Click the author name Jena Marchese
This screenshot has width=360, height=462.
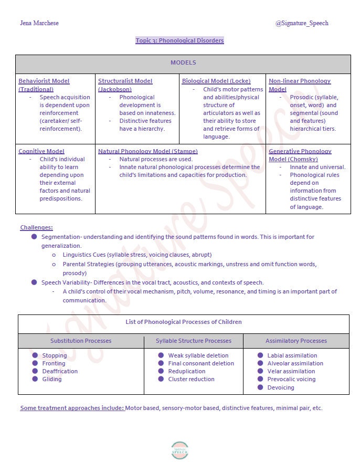tap(39, 23)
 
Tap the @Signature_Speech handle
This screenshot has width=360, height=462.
tap(301, 23)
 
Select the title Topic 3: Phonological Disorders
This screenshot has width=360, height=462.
tap(179, 40)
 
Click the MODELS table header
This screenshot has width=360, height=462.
tap(183, 63)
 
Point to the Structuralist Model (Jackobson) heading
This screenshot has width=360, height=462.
tap(125, 85)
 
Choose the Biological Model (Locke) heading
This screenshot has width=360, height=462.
tap(216, 81)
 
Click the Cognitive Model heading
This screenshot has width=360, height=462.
tap(41, 151)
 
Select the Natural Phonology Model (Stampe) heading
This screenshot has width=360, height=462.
tap(147, 151)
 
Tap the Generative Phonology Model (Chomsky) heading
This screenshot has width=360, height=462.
tap(300, 155)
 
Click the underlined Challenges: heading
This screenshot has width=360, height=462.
tap(36, 227)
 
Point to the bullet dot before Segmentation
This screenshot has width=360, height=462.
tap(34, 237)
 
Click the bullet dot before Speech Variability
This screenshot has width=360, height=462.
tap(34, 282)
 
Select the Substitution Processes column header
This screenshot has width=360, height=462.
tap(81, 341)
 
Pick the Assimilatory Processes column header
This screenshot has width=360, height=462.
tap(296, 341)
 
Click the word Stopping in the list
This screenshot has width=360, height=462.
tap(55, 355)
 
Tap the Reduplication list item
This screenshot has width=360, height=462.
tap(187, 371)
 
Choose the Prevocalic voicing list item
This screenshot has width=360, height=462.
tap(291, 379)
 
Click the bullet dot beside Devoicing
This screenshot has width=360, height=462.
tap(260, 387)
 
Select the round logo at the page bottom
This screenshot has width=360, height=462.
tap(179, 450)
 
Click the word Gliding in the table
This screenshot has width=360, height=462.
tap(52, 379)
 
